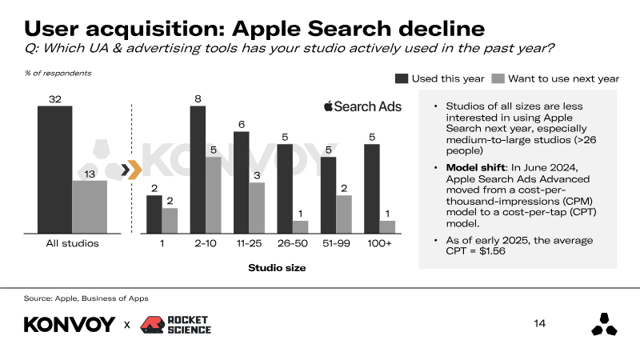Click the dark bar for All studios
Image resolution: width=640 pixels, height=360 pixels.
54,169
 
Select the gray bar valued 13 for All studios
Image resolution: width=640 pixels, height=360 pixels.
90,206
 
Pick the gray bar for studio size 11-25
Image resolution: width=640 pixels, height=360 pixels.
256,208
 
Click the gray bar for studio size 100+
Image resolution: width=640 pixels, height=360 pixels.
387,226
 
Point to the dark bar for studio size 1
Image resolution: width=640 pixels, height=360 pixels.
154,214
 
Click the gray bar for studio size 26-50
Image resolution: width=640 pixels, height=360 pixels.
300,226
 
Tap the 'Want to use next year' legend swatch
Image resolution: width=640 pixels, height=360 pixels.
497,78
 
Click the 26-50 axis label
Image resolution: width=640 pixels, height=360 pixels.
292,243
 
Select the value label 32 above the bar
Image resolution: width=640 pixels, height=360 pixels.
54,99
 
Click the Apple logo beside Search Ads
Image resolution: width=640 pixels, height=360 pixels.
328,106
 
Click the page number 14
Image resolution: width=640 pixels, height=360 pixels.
539,324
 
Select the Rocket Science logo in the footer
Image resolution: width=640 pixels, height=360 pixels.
176,325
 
